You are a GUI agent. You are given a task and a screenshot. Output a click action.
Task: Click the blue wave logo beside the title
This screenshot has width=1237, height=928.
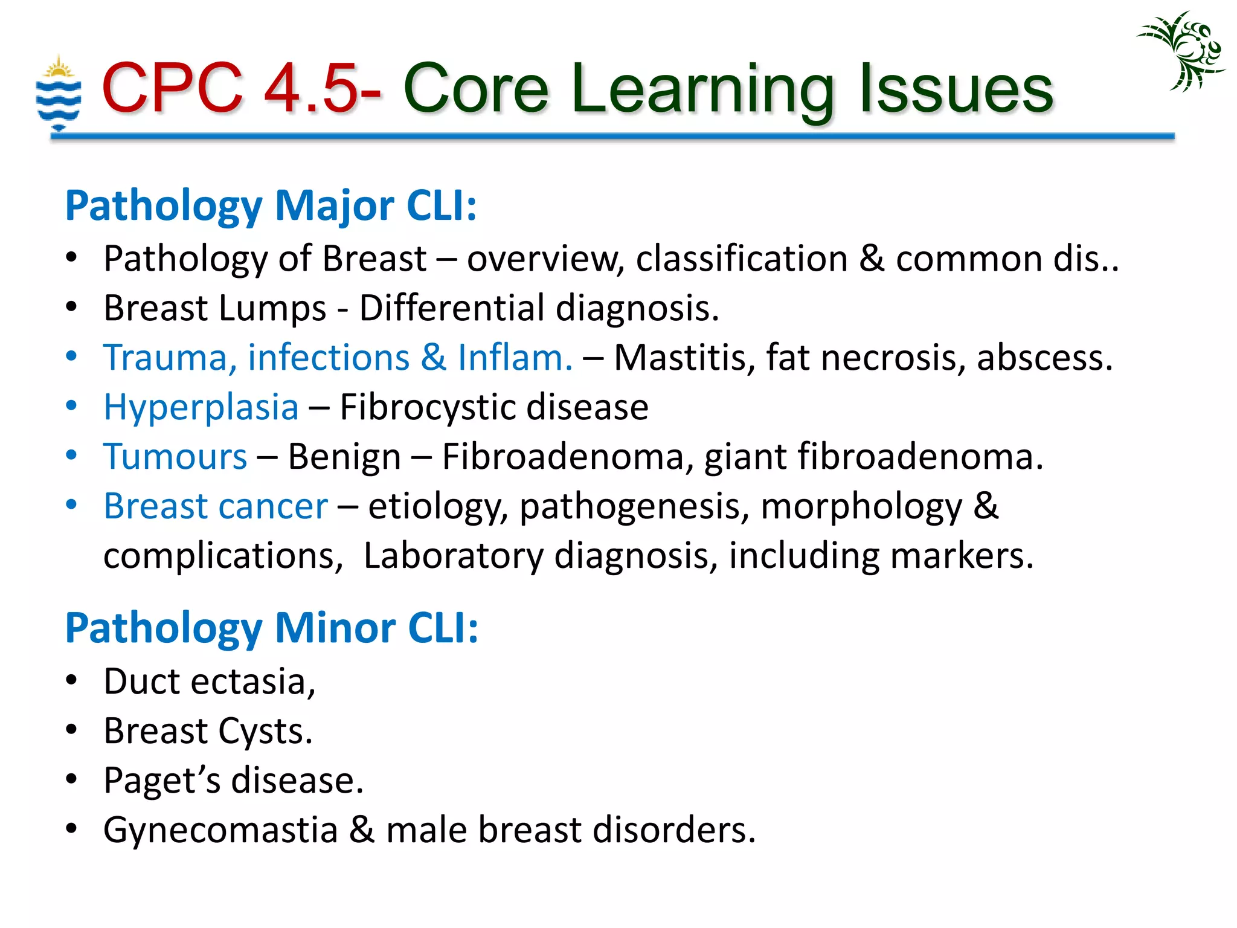58,94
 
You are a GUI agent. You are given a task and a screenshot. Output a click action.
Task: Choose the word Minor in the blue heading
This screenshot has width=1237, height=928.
335,628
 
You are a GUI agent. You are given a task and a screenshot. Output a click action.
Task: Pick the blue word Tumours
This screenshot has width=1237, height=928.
175,457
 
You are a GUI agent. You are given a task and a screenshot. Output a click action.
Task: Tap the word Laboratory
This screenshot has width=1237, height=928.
453,556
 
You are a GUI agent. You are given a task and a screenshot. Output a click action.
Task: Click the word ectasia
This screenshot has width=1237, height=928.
253,682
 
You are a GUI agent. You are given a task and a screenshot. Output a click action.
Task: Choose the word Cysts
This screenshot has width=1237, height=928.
265,732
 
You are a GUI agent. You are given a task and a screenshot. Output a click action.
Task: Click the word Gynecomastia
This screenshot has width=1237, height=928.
220,830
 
